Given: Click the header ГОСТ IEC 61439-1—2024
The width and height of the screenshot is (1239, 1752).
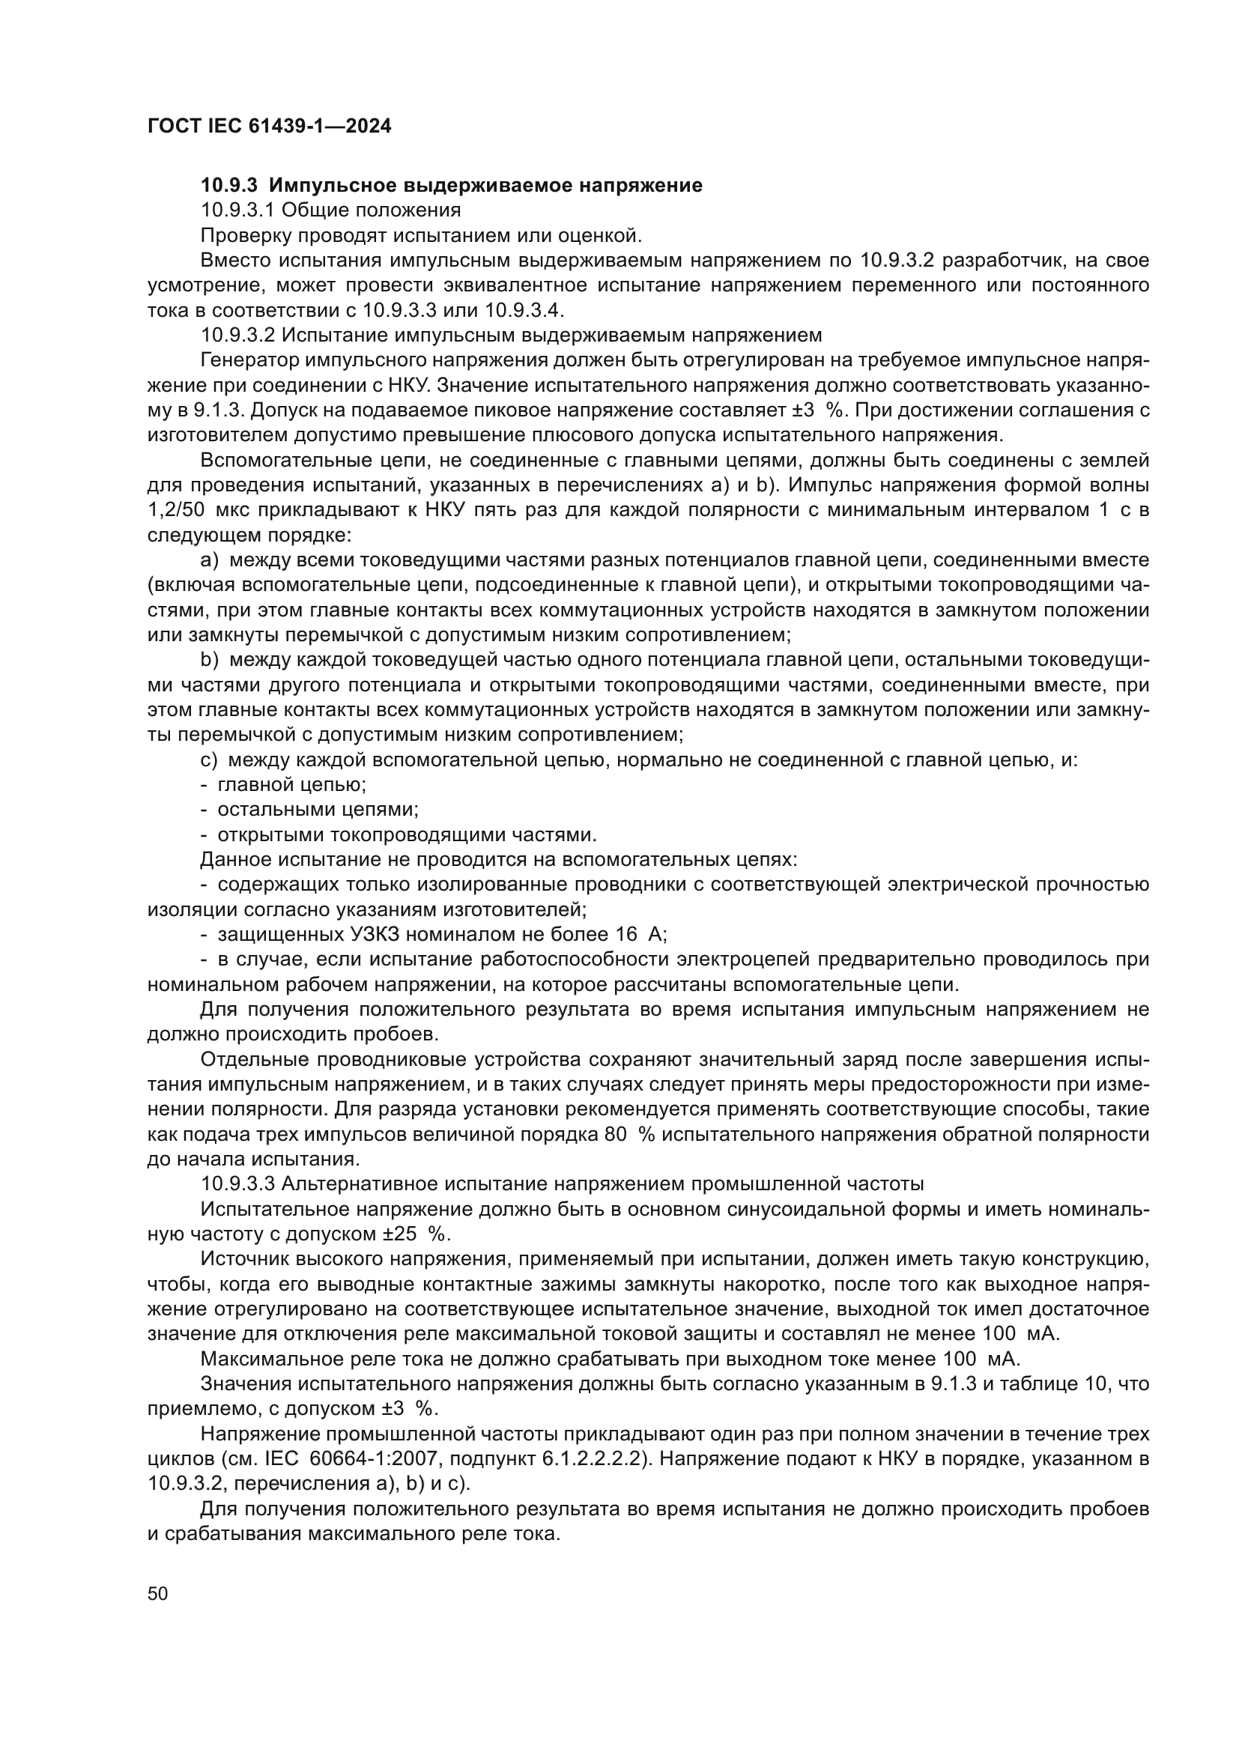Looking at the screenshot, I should [x=269, y=127].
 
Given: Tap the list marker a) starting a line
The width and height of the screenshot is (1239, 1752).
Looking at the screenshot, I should [x=209, y=560].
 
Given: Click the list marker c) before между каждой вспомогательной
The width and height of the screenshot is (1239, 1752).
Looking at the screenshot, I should [x=209, y=760].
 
